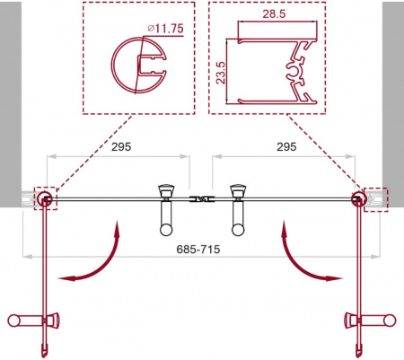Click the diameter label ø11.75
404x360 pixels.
165,29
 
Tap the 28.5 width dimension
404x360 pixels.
274,13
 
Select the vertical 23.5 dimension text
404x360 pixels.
221,73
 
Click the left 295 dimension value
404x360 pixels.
121,146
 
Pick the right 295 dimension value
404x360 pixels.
286,146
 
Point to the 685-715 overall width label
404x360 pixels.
198,249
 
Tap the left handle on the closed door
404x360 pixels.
166,210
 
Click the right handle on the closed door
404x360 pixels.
238,210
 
